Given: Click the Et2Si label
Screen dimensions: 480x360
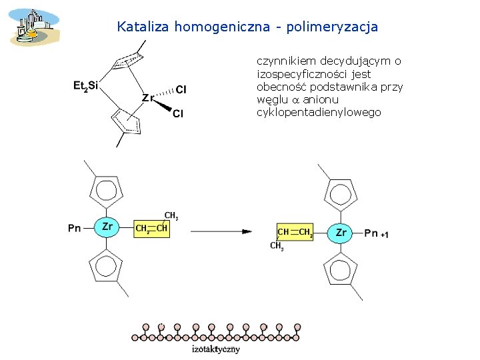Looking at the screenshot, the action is click(x=85, y=85).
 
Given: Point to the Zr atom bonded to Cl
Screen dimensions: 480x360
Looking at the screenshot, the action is click(x=148, y=97).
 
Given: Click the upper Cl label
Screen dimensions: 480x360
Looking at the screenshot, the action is click(x=181, y=89).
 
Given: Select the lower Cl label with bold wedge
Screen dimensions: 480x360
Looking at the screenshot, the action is click(x=178, y=113).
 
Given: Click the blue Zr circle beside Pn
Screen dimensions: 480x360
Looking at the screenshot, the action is click(x=107, y=227).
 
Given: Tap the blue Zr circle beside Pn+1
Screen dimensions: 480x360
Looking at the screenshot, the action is click(x=341, y=233).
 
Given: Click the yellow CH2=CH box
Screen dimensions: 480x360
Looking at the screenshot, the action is click(x=151, y=229).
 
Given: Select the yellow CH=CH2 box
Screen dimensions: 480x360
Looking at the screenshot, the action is click(x=295, y=232).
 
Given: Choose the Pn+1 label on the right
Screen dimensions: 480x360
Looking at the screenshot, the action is click(x=375, y=233).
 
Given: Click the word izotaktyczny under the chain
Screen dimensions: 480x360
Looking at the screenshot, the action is click(x=215, y=348).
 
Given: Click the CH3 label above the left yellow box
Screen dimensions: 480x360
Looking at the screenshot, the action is click(x=171, y=216).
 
